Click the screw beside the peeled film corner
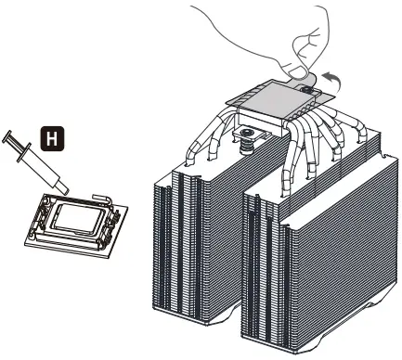click(311, 90)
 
